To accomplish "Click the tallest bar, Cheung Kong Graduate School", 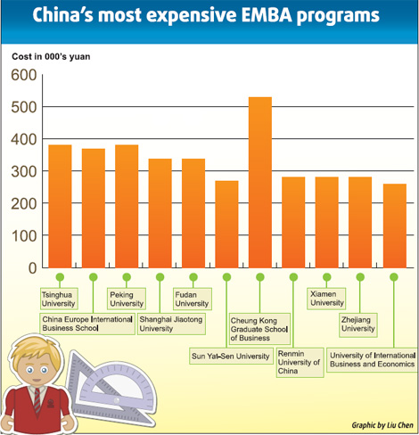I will [259, 182].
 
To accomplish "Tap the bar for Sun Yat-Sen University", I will [226, 224].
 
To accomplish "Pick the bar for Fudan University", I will [193, 213].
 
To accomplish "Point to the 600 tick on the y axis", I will [24, 75].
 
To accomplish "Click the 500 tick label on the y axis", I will [24, 107].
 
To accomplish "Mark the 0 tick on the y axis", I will [32, 267].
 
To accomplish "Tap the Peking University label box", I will [126, 299].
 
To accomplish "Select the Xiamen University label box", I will [326, 299].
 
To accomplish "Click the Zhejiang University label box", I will [358, 324].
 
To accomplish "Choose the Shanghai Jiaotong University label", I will [172, 324].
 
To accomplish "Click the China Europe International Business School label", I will [87, 324].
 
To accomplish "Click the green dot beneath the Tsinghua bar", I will [60, 277].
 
